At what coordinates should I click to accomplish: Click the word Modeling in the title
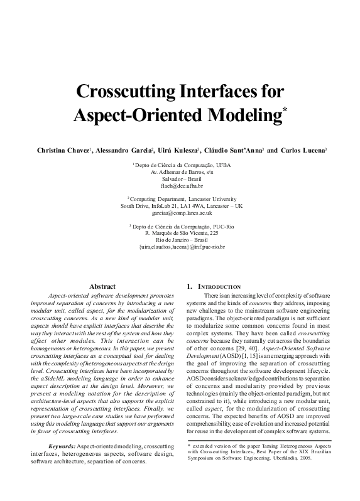216,116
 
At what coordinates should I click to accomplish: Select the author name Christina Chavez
63,151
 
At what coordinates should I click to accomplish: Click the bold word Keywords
66,445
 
